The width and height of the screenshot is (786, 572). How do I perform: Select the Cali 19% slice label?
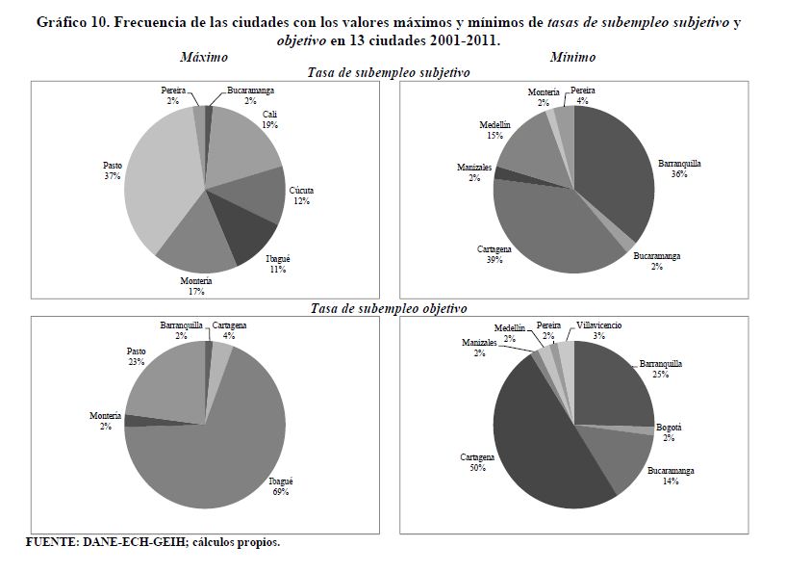[271, 118]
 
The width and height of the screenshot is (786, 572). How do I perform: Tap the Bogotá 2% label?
[669, 431]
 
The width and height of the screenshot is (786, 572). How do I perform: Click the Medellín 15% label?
[495, 131]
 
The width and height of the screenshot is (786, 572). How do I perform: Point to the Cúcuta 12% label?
[301, 195]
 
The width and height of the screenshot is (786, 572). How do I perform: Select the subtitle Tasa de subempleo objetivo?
[389, 308]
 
